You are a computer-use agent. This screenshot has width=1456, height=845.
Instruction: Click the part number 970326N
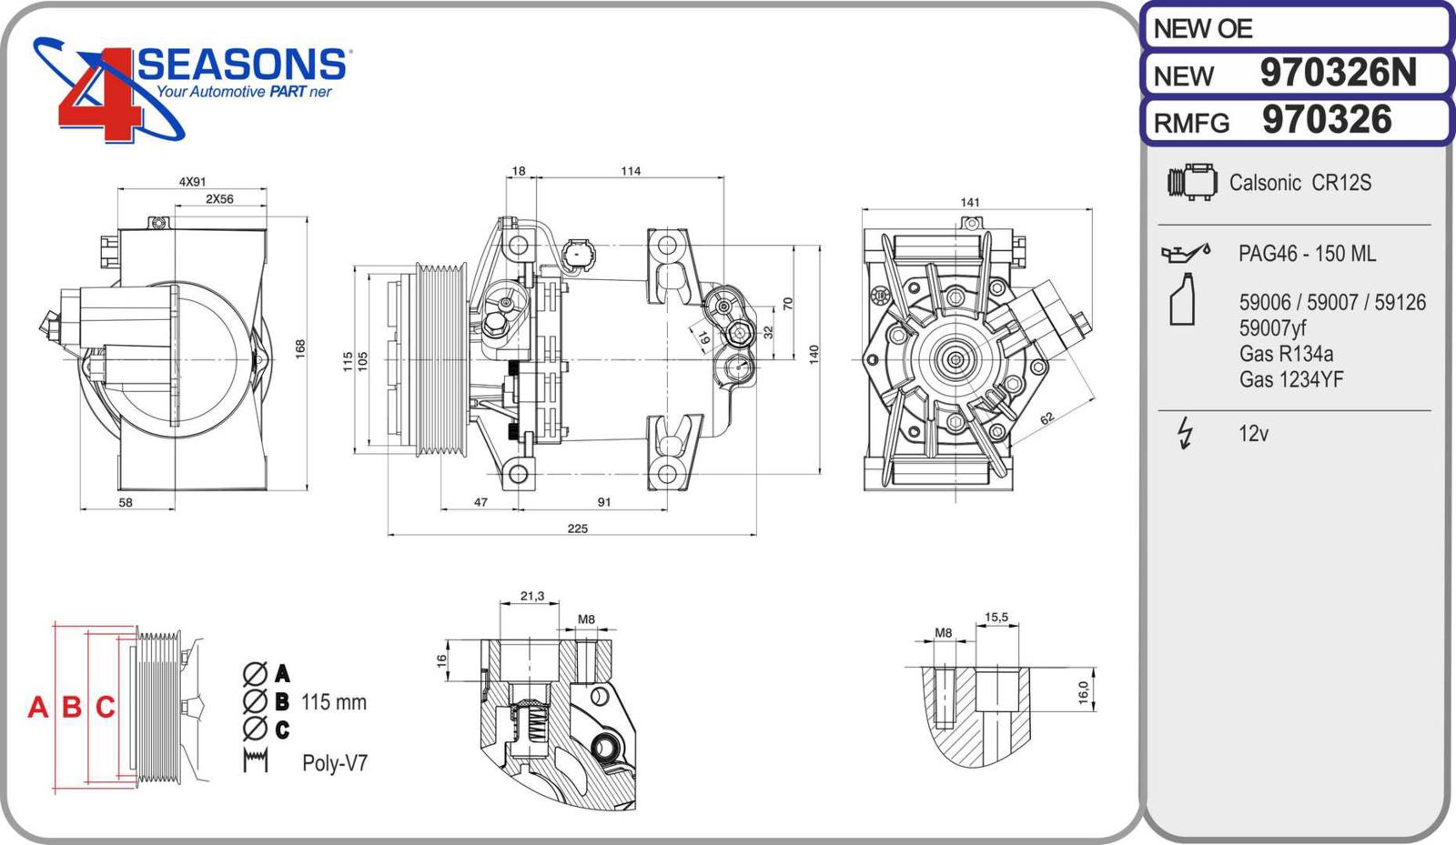(1338, 73)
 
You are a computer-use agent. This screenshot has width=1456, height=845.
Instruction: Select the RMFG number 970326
(1327, 120)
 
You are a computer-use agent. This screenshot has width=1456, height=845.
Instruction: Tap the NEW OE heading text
(1203, 29)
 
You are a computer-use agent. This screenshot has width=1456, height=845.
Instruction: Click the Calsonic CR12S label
(1299, 183)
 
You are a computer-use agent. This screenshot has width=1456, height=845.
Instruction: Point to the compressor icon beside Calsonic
(1192, 182)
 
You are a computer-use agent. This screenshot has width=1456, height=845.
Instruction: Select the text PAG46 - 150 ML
(1307, 254)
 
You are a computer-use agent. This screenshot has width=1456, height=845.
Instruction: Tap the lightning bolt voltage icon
(1185, 433)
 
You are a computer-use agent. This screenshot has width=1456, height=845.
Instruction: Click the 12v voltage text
(1253, 434)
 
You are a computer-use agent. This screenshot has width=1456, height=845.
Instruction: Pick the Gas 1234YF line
(1290, 379)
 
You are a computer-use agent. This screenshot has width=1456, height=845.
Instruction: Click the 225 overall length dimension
(577, 528)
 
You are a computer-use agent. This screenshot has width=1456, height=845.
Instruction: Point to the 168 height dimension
(300, 348)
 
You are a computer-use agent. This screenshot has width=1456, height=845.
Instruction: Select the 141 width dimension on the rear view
(970, 202)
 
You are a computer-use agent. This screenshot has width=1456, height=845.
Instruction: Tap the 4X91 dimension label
(192, 182)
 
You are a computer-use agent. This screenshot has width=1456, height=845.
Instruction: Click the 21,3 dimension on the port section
(532, 597)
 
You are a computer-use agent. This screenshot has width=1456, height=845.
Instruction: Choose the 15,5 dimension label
(996, 618)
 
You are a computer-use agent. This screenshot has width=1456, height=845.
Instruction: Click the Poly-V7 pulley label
(335, 762)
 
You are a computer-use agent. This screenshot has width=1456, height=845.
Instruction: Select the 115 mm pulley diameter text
(334, 702)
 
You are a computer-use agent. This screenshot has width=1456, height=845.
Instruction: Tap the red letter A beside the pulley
(37, 707)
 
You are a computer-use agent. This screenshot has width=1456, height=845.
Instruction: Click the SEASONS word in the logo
(242, 65)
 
